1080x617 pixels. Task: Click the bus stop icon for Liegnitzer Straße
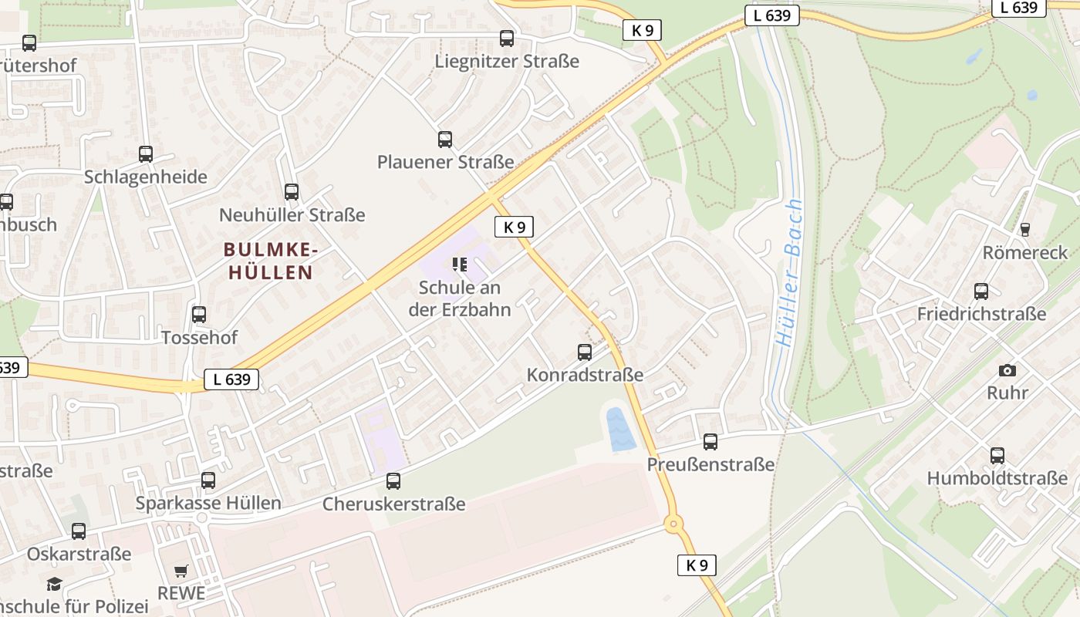click(507, 39)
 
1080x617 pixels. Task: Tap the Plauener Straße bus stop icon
click(445, 140)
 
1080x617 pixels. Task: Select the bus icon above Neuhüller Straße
click(292, 192)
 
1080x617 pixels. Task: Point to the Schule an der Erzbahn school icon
click(461, 265)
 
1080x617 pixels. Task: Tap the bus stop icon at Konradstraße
click(585, 352)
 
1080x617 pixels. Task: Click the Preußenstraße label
click(710, 464)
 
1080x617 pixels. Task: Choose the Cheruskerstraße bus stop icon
click(393, 481)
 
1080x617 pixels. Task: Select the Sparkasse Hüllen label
click(208, 503)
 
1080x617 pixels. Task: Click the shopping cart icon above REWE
click(181, 571)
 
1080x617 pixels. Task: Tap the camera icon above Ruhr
click(1007, 370)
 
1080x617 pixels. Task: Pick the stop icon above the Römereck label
click(1024, 229)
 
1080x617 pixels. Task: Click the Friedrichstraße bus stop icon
click(981, 292)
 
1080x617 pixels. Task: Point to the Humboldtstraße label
click(997, 478)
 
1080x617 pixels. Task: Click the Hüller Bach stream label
click(789, 274)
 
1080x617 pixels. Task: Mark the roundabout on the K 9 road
click(673, 524)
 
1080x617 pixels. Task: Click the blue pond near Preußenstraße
click(621, 429)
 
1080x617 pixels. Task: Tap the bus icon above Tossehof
click(199, 315)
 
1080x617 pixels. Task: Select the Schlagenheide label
click(146, 177)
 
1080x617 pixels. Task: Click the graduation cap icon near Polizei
click(54, 584)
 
